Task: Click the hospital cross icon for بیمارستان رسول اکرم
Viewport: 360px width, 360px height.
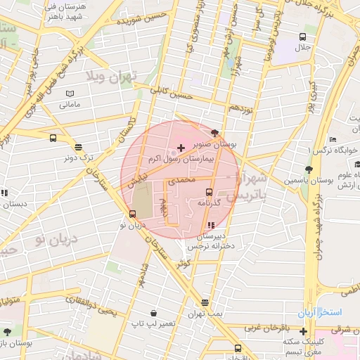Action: [x=181, y=148]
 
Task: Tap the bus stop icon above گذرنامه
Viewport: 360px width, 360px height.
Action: [x=209, y=192]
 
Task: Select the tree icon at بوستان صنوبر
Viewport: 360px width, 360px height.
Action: [x=214, y=133]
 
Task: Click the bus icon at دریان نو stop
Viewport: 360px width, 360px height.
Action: [x=132, y=214]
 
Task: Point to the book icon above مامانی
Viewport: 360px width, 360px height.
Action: [x=69, y=94]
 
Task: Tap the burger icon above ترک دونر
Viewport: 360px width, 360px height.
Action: [x=78, y=148]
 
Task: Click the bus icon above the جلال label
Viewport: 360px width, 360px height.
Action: [x=302, y=37]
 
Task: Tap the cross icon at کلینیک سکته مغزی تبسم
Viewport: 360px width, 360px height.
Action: [x=303, y=331]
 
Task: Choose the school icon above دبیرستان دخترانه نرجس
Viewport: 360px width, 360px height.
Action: [x=211, y=225]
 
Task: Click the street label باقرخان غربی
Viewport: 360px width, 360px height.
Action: [x=266, y=329]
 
